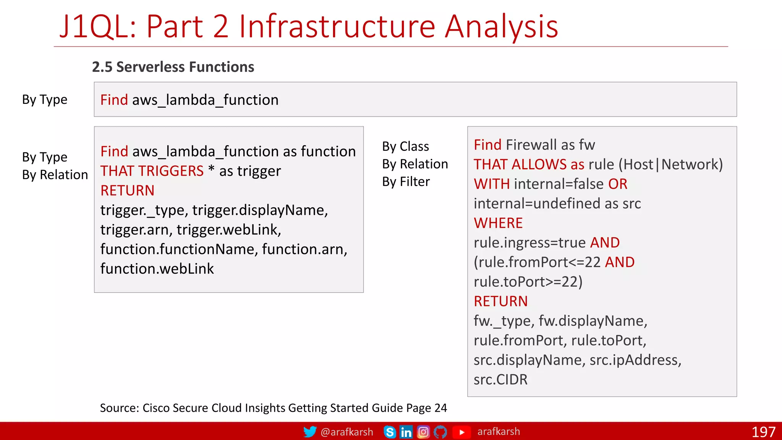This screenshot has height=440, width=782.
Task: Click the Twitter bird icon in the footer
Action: tap(310, 432)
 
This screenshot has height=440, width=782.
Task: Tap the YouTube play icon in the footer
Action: tap(462, 432)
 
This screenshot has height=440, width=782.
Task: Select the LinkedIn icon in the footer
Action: tap(406, 432)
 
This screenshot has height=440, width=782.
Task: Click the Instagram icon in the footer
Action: tap(423, 432)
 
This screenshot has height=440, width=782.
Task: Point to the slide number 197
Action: tap(763, 432)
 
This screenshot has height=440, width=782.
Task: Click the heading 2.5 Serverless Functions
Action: tap(173, 67)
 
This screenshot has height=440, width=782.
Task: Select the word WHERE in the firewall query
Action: tap(498, 223)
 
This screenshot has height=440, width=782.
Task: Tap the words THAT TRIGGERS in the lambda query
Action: tap(152, 171)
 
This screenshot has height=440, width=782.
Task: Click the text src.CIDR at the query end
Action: tap(500, 380)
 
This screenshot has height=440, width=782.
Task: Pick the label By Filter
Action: tap(406, 182)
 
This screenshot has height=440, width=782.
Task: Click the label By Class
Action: tap(406, 146)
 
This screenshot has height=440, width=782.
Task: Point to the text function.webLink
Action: tap(157, 269)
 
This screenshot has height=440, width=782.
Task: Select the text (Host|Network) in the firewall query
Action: tap(671, 165)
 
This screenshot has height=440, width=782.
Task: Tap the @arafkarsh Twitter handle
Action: tap(347, 432)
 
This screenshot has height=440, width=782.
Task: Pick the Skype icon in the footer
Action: tap(389, 432)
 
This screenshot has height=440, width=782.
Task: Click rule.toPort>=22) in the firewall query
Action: tap(528, 282)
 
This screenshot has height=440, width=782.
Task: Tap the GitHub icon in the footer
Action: tap(440, 432)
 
